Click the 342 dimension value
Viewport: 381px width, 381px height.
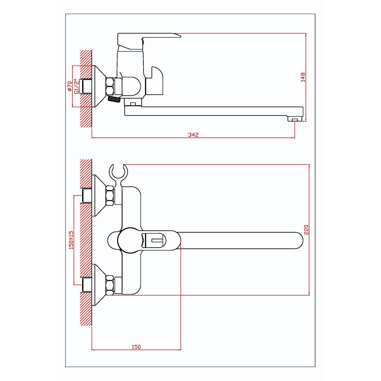pyautogui.click(x=193, y=135)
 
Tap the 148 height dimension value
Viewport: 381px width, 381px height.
pyautogui.click(x=303, y=77)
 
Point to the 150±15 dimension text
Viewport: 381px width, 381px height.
pyautogui.click(x=71, y=240)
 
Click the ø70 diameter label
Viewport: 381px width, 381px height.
pyautogui.click(x=69, y=86)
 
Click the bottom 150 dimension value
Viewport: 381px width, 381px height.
pyautogui.click(x=136, y=347)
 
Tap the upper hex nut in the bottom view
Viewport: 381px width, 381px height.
pyautogui.click(x=110, y=196)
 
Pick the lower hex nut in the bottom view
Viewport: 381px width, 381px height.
pyautogui.click(x=110, y=285)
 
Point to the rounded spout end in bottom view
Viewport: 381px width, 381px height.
pyautogui.click(x=298, y=240)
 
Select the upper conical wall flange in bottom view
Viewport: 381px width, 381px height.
pyautogui.click(x=99, y=196)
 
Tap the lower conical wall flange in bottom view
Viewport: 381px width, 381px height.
pyautogui.click(x=99, y=285)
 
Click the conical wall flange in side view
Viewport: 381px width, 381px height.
pyautogui.click(x=99, y=86)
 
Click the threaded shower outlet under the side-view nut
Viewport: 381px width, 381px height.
pyautogui.click(x=114, y=99)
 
